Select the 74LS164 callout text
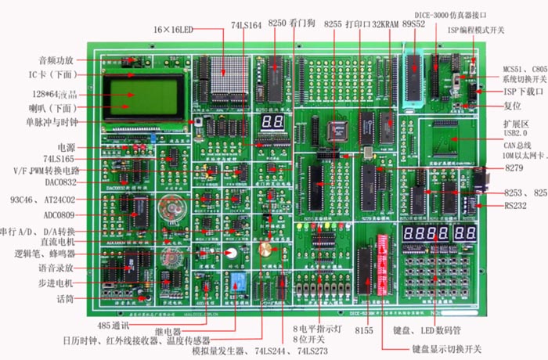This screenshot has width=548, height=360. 247,25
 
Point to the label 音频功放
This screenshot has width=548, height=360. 56,60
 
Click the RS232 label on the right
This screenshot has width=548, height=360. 517,207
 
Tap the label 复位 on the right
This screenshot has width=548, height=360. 512,105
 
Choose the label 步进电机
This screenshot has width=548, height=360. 55,283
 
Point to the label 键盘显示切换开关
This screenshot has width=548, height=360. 445,348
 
